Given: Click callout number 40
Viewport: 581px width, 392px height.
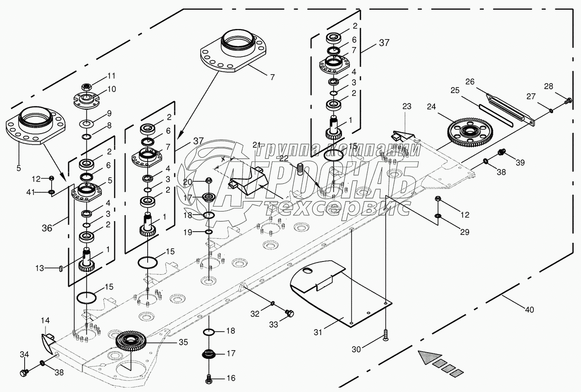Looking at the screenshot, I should click(x=529, y=309).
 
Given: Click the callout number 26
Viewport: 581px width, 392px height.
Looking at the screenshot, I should click(x=470, y=82).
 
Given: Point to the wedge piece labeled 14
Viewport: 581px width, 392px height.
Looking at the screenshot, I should click(x=48, y=340).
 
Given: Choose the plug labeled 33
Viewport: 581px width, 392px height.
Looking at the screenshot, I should click(x=289, y=313).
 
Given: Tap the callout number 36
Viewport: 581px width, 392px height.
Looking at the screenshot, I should click(x=47, y=228).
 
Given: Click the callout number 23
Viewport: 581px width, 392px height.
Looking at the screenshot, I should click(x=407, y=106).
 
